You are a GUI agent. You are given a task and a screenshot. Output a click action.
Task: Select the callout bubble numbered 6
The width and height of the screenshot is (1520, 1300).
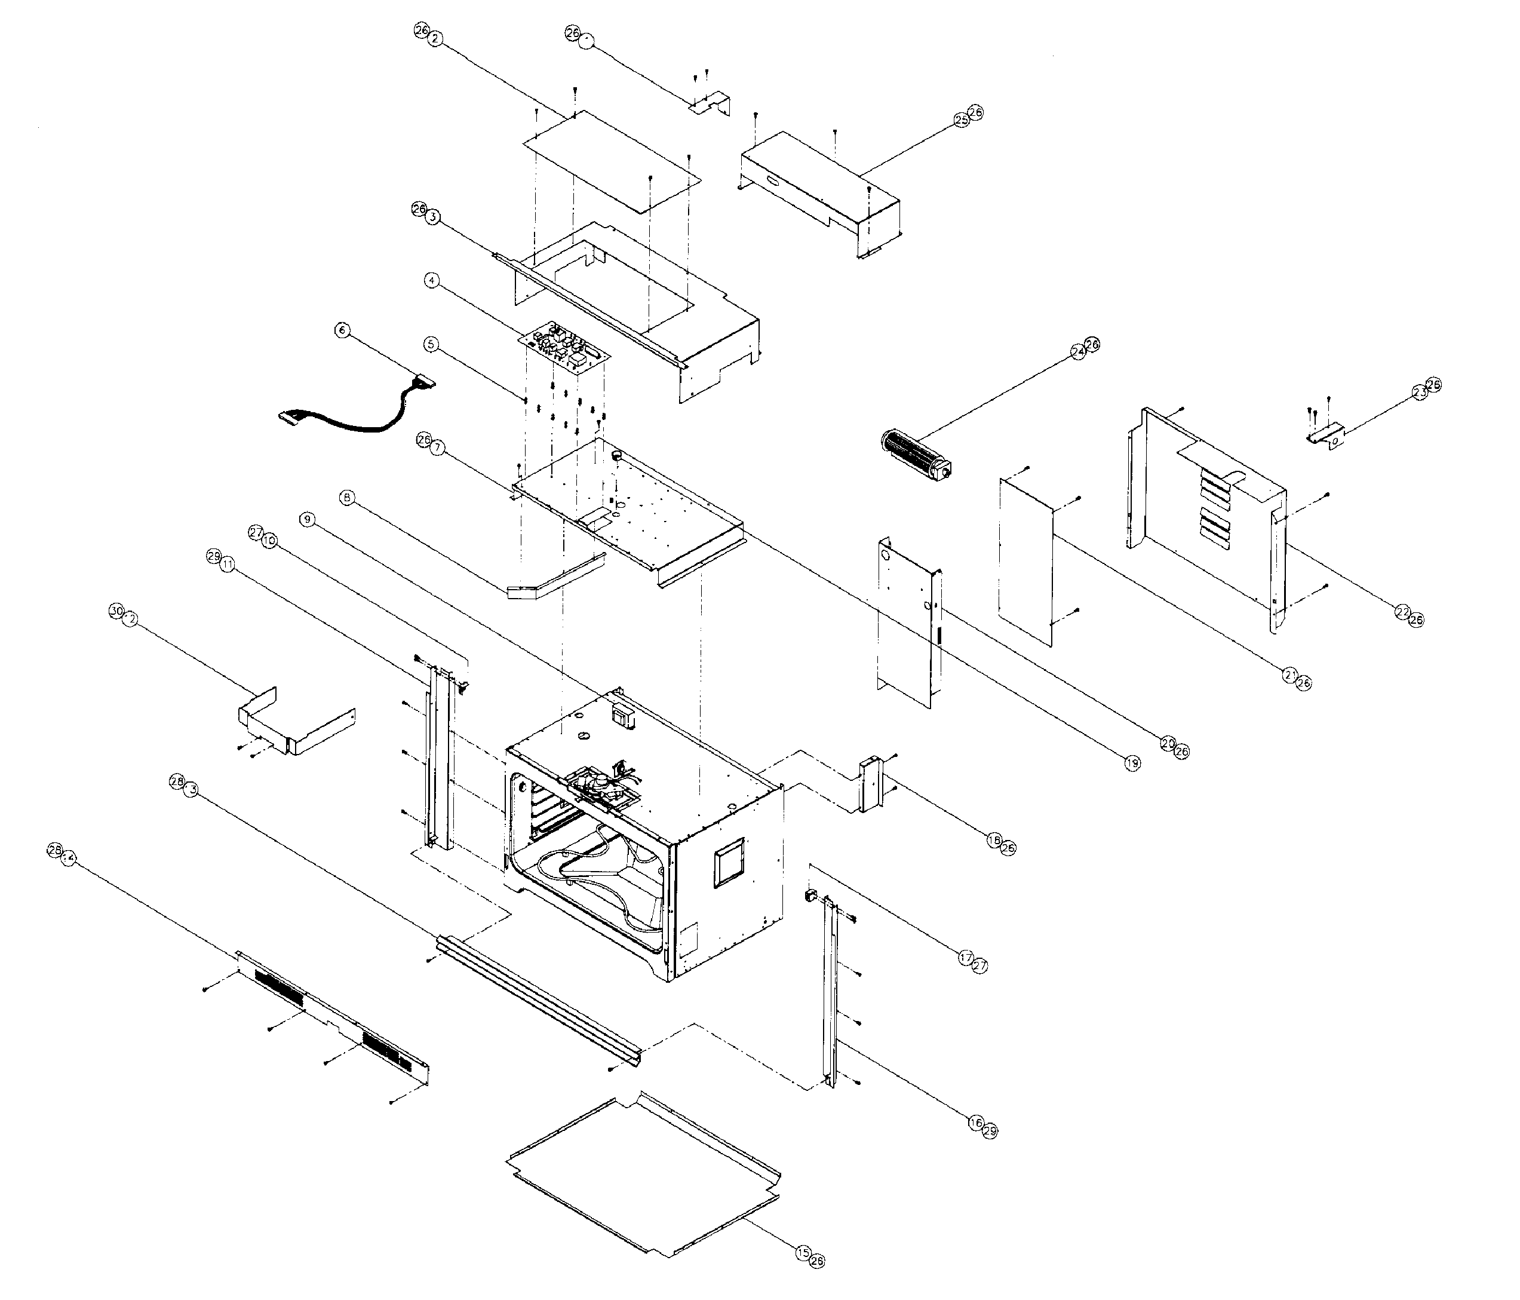pyautogui.click(x=342, y=330)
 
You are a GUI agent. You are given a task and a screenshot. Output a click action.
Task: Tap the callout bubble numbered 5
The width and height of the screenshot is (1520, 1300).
pyautogui.click(x=431, y=344)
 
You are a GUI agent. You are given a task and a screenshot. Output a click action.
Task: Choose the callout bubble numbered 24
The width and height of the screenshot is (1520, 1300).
pyautogui.click(x=1077, y=352)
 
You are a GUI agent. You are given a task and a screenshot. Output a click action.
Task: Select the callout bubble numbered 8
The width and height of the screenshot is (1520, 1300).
pyautogui.click(x=347, y=498)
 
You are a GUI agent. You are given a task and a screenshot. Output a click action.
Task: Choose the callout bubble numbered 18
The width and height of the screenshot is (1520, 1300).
pyautogui.click(x=995, y=841)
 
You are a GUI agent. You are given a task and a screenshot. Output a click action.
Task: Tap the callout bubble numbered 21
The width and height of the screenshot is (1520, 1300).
pyautogui.click(x=1289, y=676)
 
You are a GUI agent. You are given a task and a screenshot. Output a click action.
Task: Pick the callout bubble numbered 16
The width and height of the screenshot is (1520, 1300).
pyautogui.click(x=976, y=1123)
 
